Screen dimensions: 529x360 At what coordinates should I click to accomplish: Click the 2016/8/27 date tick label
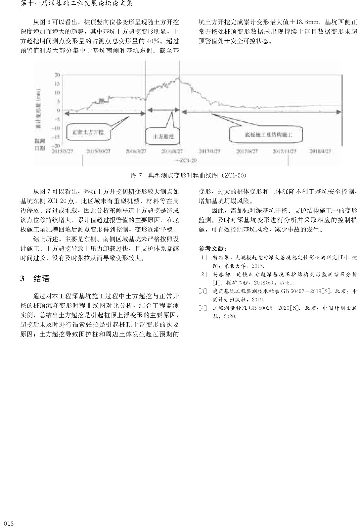pyautogui.click(x=172, y=151)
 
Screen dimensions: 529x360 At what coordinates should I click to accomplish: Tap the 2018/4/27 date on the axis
pyautogui.click(x=320, y=151)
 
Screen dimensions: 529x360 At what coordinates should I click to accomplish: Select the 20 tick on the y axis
pyautogui.click(x=57, y=75)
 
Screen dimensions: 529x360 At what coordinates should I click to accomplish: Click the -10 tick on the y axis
pyautogui.click(x=57, y=128)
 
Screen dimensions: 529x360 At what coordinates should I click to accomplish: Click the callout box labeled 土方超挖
pyautogui.click(x=163, y=136)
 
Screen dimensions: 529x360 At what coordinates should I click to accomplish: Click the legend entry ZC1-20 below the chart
pyautogui.click(x=188, y=160)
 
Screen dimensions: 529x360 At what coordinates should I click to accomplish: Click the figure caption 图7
pyautogui.click(x=136, y=175)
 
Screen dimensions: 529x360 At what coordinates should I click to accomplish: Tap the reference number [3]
pyautogui.click(x=202, y=291)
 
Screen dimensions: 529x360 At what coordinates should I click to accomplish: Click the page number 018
pyautogui.click(x=9, y=523)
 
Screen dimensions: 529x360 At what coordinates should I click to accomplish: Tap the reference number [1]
pyautogui.click(x=202, y=257)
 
